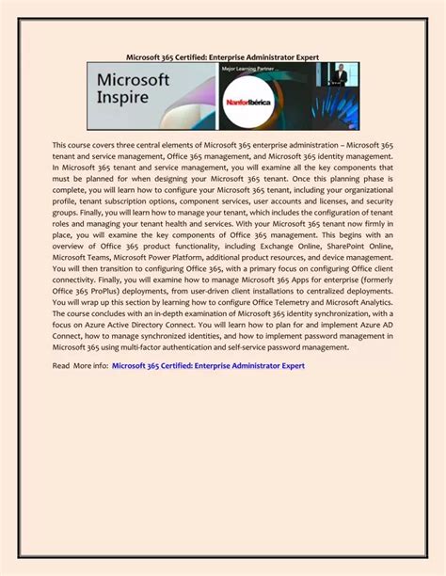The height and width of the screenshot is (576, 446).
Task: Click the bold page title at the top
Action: click(x=222, y=57)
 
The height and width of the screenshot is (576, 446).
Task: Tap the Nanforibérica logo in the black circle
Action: click(x=249, y=102)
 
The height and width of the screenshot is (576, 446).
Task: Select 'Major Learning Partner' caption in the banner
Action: click(x=249, y=69)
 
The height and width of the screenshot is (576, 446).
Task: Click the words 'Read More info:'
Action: click(x=80, y=365)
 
